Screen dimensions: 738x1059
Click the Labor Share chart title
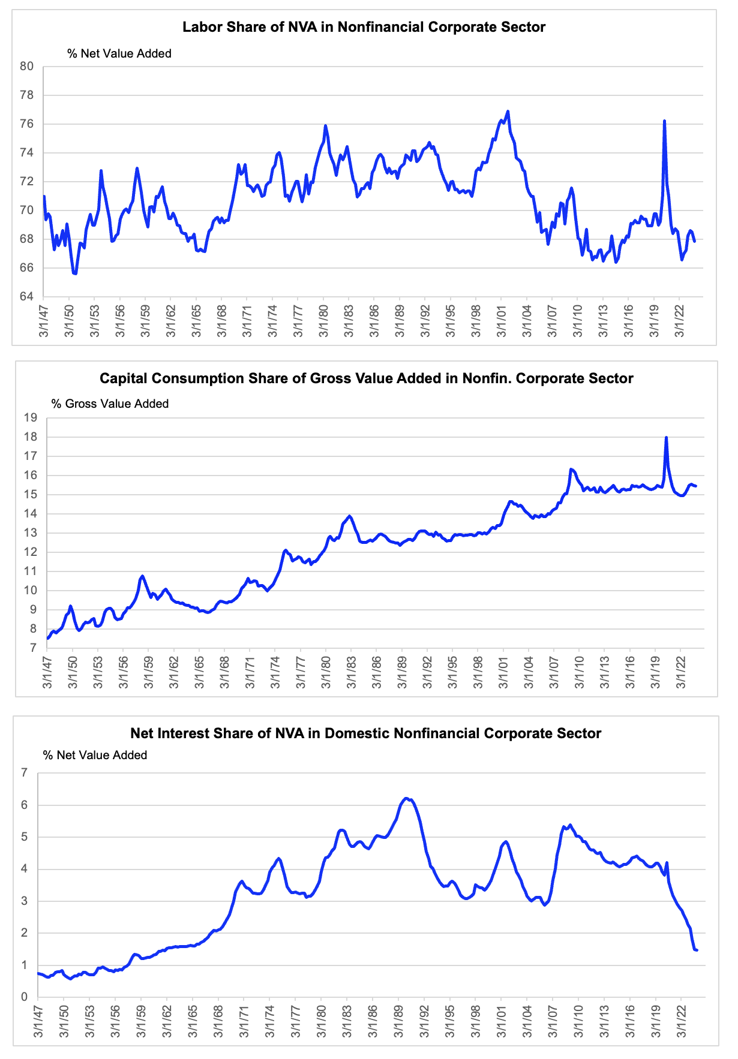pos(364,27)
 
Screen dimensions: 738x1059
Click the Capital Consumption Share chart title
pos(367,378)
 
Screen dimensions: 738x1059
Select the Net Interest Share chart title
pos(366,733)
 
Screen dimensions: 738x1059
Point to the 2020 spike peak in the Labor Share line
pos(664,121)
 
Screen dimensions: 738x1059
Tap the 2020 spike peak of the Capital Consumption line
pos(667,437)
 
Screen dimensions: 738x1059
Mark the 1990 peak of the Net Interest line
pos(406,798)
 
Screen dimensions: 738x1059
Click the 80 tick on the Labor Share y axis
pos(27,67)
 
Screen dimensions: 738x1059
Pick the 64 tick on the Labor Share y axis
pos(27,296)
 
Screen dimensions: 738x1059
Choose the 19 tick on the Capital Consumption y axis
pos(31,417)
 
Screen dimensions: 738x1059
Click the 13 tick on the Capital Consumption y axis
pos(31,532)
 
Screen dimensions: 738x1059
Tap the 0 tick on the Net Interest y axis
pos(25,997)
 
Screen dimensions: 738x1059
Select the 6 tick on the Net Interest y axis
pos(25,805)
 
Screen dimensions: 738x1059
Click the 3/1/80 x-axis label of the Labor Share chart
pos(323,321)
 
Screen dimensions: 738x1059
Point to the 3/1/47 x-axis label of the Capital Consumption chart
pos(48,673)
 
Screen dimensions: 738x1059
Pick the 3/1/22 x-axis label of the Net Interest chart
pos(682,1022)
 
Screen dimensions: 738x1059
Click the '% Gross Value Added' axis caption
pos(110,404)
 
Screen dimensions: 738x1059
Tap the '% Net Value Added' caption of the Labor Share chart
pos(119,53)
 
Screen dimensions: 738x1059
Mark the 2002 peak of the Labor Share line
pos(508,111)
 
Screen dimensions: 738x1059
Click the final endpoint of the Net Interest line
pos(697,950)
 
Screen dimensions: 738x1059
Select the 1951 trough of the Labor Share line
pos(75,273)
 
